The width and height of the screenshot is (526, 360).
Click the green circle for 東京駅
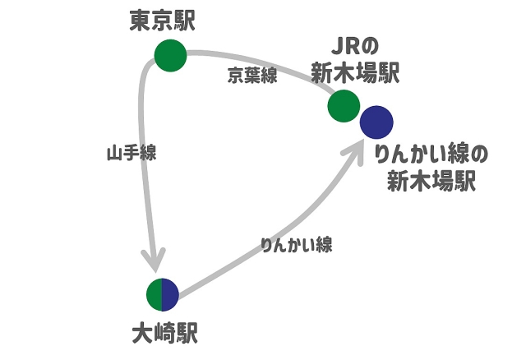171,55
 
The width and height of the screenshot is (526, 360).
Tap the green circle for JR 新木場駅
344,105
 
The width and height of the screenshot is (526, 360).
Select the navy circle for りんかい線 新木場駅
376,123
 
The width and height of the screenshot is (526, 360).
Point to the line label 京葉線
252,76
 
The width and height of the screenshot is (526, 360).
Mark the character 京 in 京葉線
236,76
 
